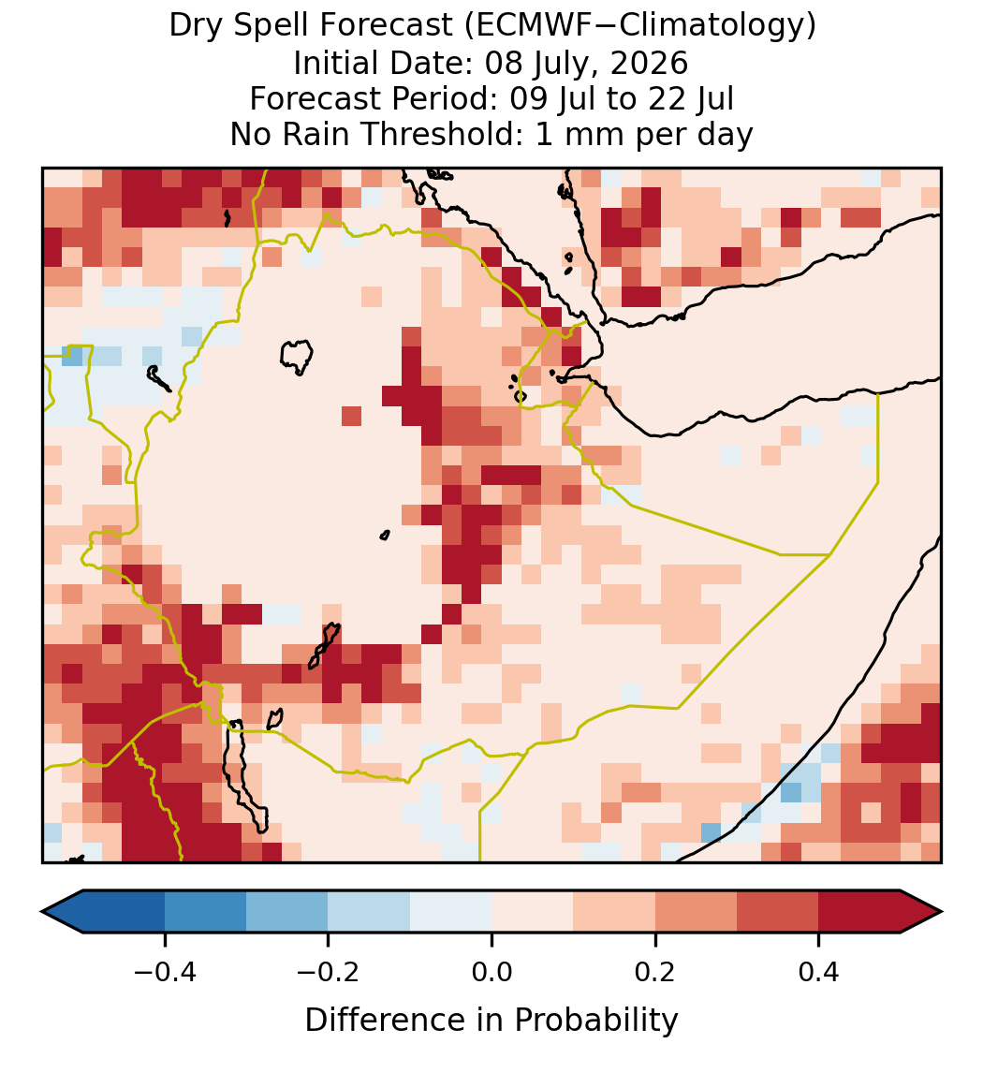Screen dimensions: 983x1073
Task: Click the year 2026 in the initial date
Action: [649, 64]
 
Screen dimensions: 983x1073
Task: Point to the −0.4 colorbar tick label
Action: [165, 971]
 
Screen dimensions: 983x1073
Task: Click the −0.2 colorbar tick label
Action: [329, 971]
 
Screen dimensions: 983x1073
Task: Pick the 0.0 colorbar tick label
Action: [491, 971]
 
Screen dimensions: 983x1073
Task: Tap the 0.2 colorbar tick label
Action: [655, 971]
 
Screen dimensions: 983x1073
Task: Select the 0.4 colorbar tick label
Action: [819, 971]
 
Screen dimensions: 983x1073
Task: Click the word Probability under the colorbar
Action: [595, 1021]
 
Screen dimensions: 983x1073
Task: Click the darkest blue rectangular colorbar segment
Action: [124, 912]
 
